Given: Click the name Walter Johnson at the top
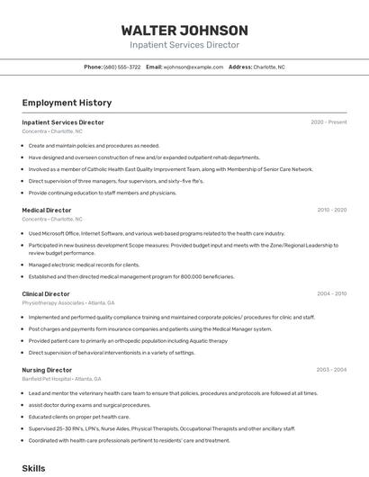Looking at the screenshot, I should pyautogui.click(x=184, y=31).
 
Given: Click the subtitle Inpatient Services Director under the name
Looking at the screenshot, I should pyautogui.click(x=184, y=45).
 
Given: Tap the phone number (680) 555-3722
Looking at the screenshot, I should pyautogui.click(x=122, y=67).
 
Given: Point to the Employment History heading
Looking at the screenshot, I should pyautogui.click(x=67, y=103).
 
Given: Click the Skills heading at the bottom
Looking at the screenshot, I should pyautogui.click(x=33, y=468).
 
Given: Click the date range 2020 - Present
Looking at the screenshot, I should pyautogui.click(x=328, y=121).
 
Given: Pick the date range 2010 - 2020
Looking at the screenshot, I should pyautogui.click(x=331, y=210).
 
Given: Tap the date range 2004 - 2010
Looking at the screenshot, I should pyautogui.click(x=331, y=293).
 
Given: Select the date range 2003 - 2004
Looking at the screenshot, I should pyautogui.click(x=331, y=370).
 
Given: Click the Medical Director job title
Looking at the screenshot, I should pyautogui.click(x=47, y=210).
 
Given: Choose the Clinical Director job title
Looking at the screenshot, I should pyautogui.click(x=46, y=293).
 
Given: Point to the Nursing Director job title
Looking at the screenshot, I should pyautogui.click(x=47, y=370).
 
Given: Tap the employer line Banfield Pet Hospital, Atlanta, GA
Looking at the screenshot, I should pyautogui.click(x=61, y=379).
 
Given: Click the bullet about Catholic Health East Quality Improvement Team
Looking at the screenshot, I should pyautogui.click(x=171, y=168).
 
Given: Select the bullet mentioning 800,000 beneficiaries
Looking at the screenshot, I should pyautogui.click(x=130, y=276).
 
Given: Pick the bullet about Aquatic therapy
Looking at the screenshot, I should pyautogui.click(x=128, y=340).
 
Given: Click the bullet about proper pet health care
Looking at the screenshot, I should pyautogui.click(x=78, y=417).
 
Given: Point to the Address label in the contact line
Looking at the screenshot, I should pyautogui.click(x=239, y=67).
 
